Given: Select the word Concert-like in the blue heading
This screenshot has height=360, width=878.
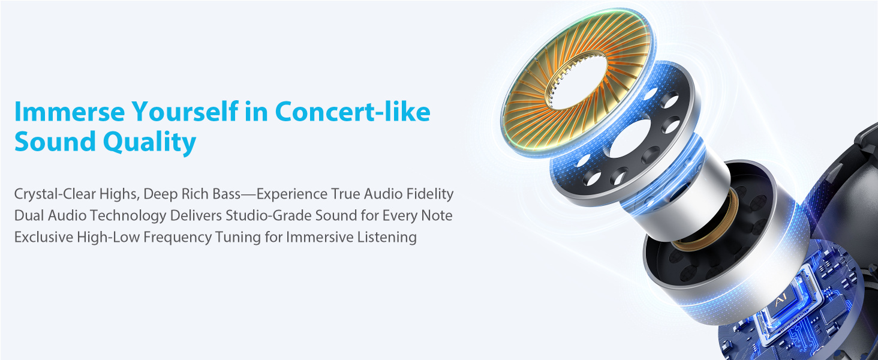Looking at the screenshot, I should (353, 112).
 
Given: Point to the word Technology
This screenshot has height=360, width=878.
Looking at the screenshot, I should (118, 215).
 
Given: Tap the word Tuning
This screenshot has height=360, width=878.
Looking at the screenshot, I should (239, 237).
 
